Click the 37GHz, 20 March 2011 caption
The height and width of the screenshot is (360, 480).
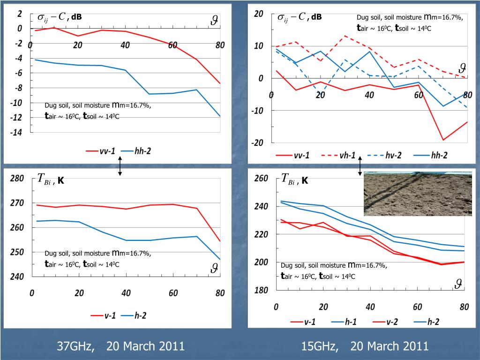tap(120, 346)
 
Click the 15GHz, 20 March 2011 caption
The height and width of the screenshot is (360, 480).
tap(365, 346)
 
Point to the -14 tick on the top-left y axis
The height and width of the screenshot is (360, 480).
tap(17, 133)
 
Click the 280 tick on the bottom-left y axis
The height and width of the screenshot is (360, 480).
tap(16, 178)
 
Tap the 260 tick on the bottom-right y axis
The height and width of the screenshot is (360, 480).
tap(261, 179)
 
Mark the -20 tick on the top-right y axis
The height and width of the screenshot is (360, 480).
tap(259, 142)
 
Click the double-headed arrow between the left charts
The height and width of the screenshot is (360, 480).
tap(120, 166)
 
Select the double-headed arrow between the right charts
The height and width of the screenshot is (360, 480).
tap(360, 166)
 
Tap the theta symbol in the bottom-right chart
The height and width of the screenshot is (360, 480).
tap(459, 284)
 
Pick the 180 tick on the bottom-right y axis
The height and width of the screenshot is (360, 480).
tap(261, 290)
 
